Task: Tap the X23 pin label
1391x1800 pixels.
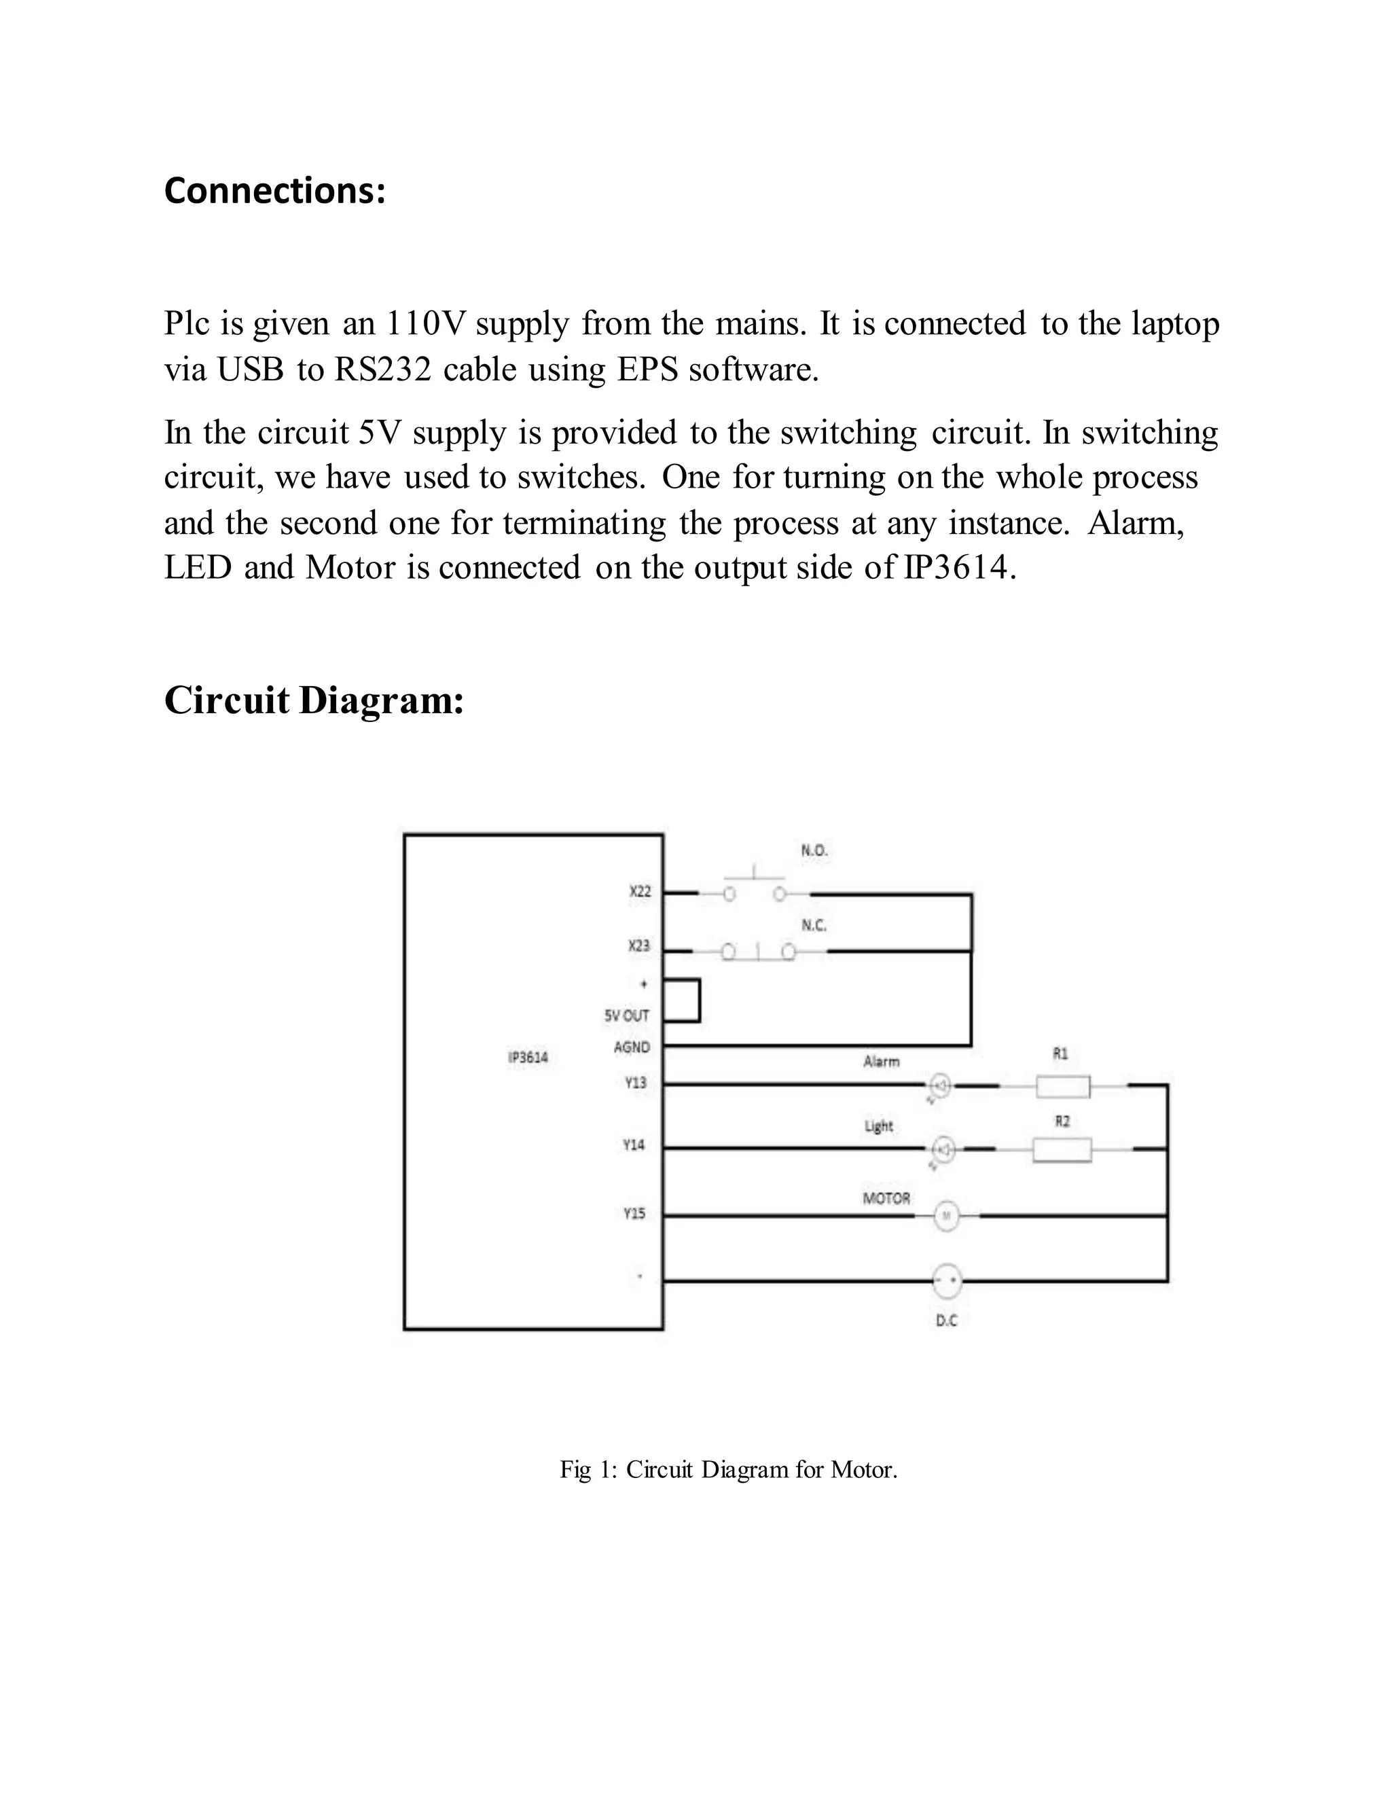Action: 639,946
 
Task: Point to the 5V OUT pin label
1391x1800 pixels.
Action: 627,1015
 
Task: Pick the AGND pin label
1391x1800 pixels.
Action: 632,1047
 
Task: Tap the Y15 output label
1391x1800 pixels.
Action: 634,1213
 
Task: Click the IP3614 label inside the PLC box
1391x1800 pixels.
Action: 528,1058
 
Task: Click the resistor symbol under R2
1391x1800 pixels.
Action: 1062,1150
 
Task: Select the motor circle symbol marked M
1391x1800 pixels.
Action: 947,1216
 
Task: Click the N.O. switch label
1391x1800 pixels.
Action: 814,850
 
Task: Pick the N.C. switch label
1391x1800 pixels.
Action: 814,926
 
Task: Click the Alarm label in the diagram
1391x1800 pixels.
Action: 882,1062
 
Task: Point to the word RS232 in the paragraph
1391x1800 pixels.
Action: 382,370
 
